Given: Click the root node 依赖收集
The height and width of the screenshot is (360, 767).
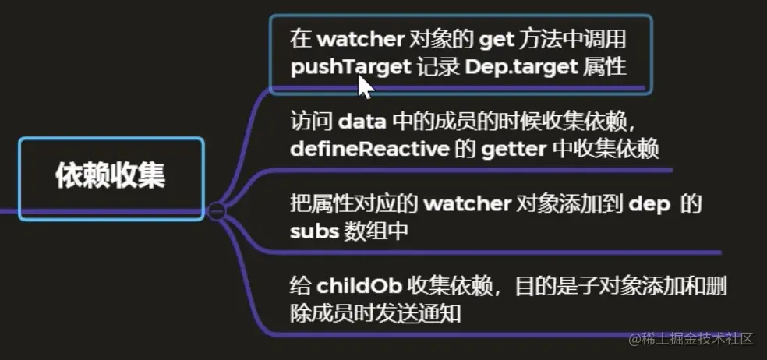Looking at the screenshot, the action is (x=110, y=175).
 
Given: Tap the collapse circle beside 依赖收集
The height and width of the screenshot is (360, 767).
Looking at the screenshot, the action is (x=217, y=210).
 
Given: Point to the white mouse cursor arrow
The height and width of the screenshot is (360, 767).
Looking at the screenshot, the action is (x=364, y=85).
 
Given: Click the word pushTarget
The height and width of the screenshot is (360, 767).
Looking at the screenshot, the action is (x=350, y=66).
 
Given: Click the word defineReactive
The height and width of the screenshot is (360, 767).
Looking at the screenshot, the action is (x=369, y=148).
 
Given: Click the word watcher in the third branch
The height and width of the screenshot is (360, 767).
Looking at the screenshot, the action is (x=465, y=204).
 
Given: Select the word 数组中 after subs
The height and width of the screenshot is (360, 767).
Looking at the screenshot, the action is (x=374, y=231).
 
